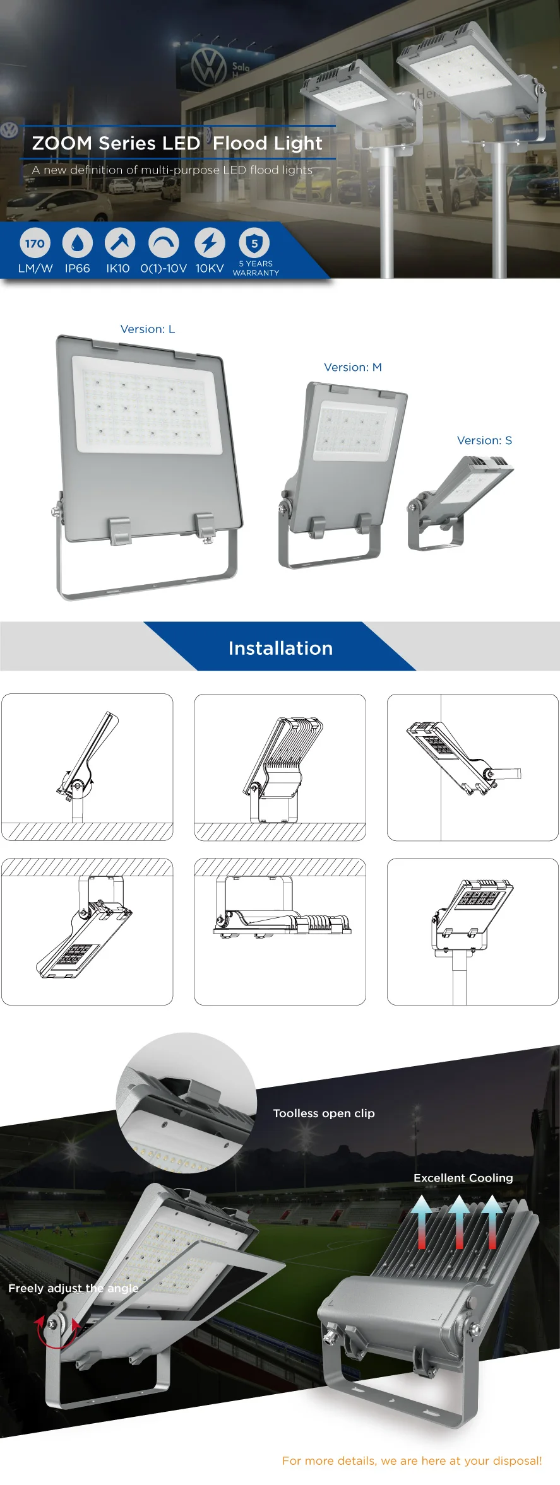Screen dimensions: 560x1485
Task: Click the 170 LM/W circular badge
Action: (x=35, y=243)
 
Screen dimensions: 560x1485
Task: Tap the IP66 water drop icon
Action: (x=78, y=243)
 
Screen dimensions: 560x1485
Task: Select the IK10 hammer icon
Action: (x=120, y=243)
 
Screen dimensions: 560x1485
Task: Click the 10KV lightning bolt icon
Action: (x=209, y=243)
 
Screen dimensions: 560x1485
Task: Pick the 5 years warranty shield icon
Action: (x=254, y=243)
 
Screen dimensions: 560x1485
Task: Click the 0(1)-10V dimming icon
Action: (x=164, y=243)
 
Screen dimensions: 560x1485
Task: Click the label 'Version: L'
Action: (x=148, y=329)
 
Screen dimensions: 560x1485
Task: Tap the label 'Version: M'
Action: (x=353, y=367)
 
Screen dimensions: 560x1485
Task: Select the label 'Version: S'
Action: (x=484, y=440)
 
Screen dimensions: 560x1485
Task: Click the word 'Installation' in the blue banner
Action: (x=280, y=648)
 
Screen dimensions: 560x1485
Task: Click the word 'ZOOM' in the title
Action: (x=62, y=143)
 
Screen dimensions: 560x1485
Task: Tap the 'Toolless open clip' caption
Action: (x=324, y=1113)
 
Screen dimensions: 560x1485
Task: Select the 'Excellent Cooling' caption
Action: (x=463, y=1178)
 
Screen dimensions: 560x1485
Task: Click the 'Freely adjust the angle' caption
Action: (x=73, y=1288)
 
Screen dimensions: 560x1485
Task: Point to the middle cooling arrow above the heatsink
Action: (x=459, y=1223)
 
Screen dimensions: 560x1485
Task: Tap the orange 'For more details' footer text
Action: (x=412, y=1460)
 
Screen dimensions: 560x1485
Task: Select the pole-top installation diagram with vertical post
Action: (x=473, y=931)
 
